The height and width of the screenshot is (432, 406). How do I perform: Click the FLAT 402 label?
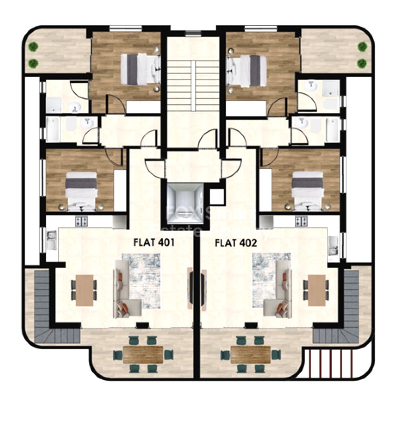click(x=236, y=243)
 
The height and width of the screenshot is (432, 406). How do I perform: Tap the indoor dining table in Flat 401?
click(x=84, y=290)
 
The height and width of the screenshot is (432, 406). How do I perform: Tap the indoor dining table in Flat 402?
click(x=317, y=290)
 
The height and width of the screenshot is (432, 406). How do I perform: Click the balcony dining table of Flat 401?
click(x=143, y=354)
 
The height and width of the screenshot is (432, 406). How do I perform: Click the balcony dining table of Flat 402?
click(x=251, y=354)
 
